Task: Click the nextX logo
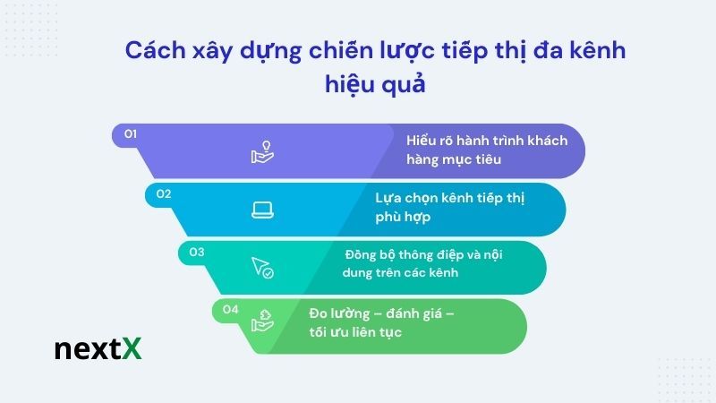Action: [x=98, y=348]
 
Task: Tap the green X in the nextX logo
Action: [x=132, y=348]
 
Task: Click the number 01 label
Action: [x=130, y=134]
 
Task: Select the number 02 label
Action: [x=163, y=193]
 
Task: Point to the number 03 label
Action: [x=197, y=252]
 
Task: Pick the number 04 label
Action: [x=231, y=310]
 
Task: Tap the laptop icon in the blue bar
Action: [x=261, y=210]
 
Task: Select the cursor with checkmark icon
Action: [x=261, y=267]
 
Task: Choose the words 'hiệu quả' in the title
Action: [x=375, y=85]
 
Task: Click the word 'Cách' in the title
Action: [x=150, y=51]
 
